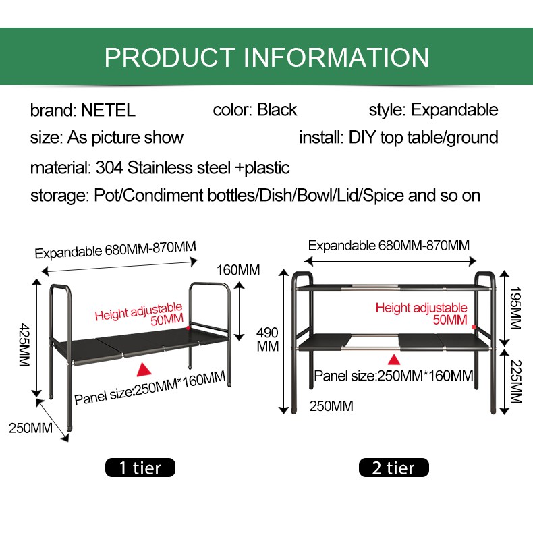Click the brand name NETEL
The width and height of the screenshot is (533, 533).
point(108,110)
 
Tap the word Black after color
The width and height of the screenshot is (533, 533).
point(277,110)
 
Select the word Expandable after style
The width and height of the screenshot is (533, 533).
point(455,110)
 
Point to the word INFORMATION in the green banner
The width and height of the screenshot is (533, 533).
point(337,57)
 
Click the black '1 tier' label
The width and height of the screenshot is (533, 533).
point(140,468)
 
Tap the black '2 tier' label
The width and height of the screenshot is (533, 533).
point(393,468)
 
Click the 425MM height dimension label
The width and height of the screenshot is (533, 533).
point(24,344)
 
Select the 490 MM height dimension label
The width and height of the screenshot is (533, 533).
point(268,339)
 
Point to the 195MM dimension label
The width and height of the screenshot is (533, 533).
point(515,308)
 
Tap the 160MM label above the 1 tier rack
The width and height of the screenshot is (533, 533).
point(238,270)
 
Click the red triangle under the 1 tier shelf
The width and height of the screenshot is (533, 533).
point(144,370)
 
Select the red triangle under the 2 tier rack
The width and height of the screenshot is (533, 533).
point(393,360)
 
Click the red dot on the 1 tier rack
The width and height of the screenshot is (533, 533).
point(188,328)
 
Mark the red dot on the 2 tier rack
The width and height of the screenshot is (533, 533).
point(474,327)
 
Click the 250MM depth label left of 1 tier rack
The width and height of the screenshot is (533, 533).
point(30,428)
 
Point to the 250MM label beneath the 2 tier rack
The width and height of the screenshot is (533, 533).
point(331,406)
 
